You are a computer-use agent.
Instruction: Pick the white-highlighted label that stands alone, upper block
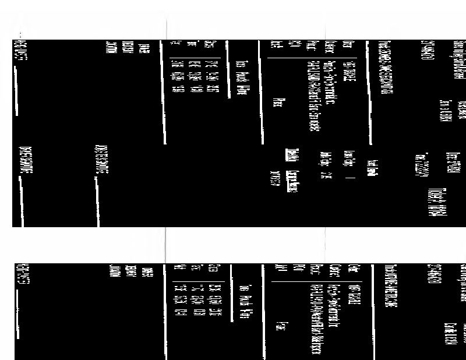point(370,167)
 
